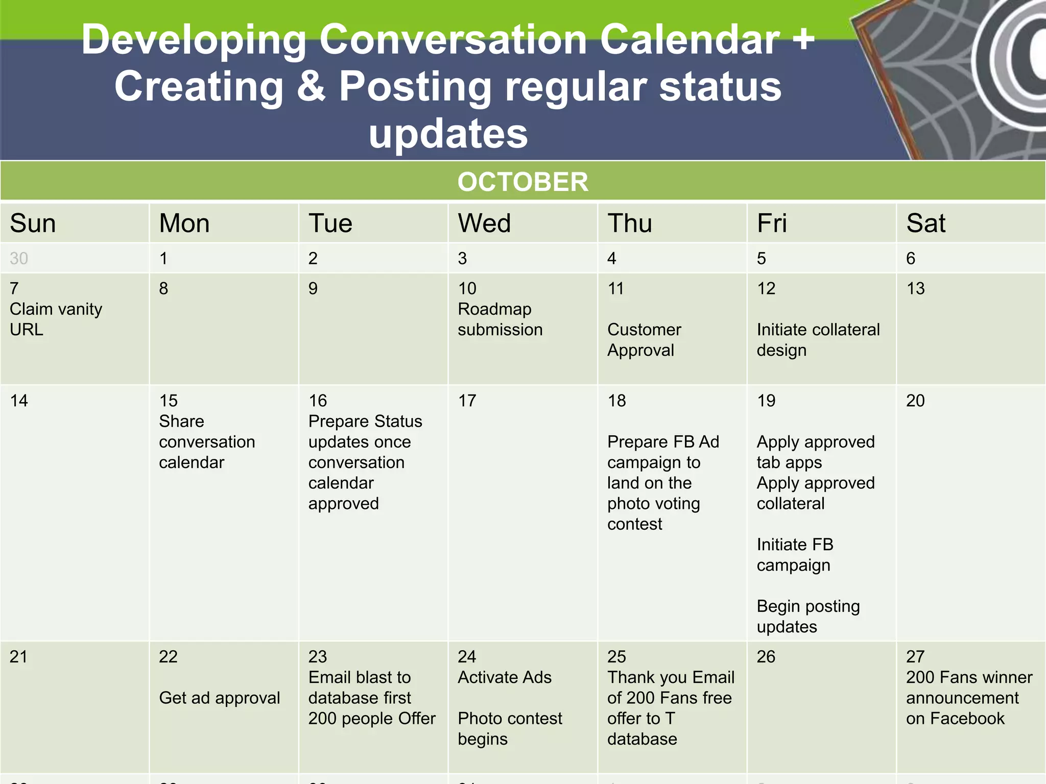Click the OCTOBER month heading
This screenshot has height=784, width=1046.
(x=522, y=182)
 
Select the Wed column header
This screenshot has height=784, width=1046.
(x=484, y=224)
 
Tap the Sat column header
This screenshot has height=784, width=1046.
(x=925, y=224)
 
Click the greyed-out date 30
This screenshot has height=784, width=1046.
(x=19, y=258)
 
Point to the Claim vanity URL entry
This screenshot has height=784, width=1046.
(x=55, y=319)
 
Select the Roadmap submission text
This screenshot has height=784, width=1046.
(x=500, y=319)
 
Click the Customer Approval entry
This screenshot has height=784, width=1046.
(x=644, y=339)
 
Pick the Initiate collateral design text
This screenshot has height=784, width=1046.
(x=818, y=339)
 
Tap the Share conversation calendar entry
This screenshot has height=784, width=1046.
(x=206, y=442)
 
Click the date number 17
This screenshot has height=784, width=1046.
(x=467, y=401)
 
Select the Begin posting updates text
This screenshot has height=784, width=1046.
(x=808, y=616)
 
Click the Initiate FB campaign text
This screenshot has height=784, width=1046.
(x=795, y=555)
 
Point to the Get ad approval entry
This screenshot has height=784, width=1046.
(x=219, y=698)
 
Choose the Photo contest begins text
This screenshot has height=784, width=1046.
(x=509, y=728)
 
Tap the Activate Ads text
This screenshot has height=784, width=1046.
(x=504, y=677)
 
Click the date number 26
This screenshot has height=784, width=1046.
(x=766, y=656)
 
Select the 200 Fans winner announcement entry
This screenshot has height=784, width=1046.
(x=968, y=698)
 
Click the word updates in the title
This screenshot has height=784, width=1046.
(x=448, y=134)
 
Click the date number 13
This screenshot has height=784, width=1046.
(x=915, y=288)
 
